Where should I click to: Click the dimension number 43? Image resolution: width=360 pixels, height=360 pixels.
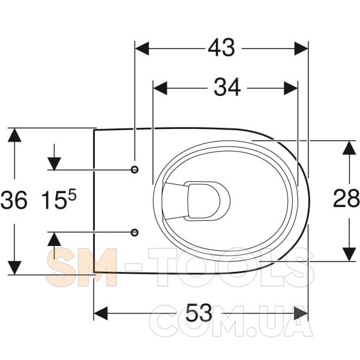tap(221, 48)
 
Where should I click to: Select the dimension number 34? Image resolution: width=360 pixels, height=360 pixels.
tap(227, 88)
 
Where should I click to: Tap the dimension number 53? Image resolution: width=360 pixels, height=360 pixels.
tap(199, 313)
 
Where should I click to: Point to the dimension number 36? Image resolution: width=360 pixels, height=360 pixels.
tap(14, 200)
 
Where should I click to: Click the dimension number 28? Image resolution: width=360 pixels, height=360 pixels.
tap(346, 199)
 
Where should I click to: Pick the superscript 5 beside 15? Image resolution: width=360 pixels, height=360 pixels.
tap(72, 196)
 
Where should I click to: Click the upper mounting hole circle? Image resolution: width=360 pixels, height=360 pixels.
tap(134, 170)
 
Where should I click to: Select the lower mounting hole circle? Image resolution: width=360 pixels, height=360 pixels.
tap(134, 232)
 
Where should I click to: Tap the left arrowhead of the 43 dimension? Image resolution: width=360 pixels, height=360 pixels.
tap(142, 49)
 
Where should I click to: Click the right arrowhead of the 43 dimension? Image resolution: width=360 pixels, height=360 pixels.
tap(301, 49)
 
